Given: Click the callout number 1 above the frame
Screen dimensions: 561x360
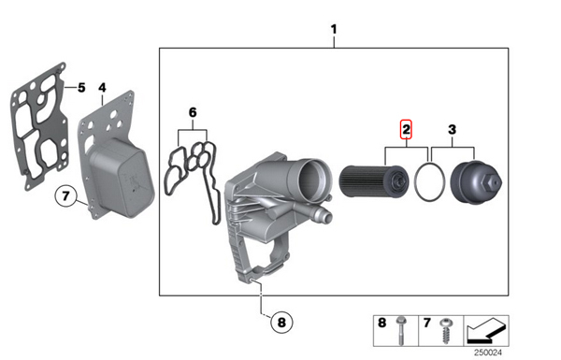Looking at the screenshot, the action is click(x=334, y=29).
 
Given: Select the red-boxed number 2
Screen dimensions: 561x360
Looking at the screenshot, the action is click(x=406, y=129).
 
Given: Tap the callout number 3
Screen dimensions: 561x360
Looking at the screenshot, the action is click(x=453, y=130).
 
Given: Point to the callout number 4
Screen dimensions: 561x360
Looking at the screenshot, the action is click(x=102, y=88).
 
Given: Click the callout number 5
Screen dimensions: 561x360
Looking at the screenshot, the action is click(x=81, y=87).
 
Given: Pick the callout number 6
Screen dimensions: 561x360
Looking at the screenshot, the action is click(x=193, y=113).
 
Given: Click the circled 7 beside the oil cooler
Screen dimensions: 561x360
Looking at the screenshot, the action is click(x=65, y=196).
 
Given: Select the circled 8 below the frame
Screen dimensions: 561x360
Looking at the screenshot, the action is click(x=282, y=322).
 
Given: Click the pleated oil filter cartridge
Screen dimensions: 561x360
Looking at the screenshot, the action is click(x=373, y=181).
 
